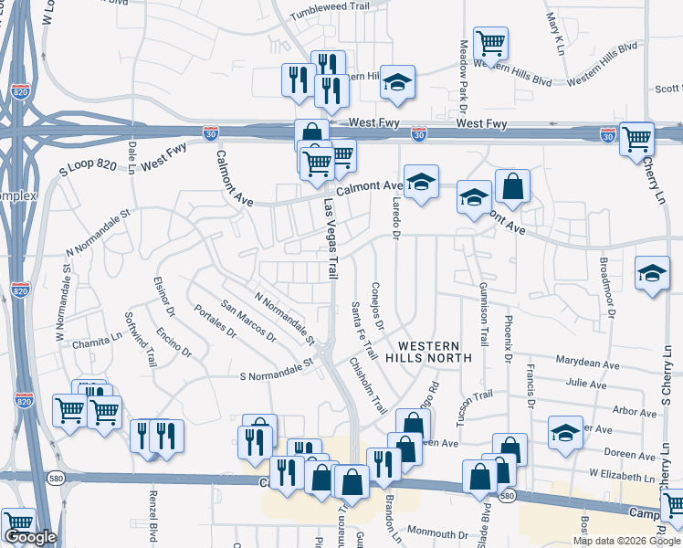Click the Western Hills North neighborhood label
tap(435, 351)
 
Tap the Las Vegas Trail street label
tap(330, 239)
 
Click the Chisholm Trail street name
tap(368, 384)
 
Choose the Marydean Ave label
tap(599, 364)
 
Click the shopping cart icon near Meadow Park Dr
tap(491, 43)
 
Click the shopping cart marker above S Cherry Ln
tap(636, 138)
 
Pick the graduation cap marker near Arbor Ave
tap(566, 432)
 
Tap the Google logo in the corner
tap(29, 538)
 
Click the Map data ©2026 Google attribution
tap(627, 541)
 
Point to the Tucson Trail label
tap(475, 400)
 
